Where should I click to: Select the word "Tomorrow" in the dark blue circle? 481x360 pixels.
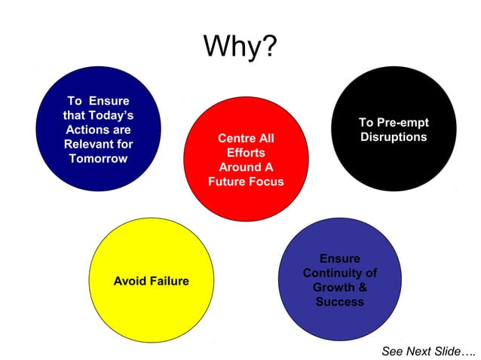tap(98, 158)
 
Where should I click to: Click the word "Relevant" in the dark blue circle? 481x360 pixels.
tap(87, 144)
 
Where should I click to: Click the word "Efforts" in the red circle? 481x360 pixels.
tap(247, 153)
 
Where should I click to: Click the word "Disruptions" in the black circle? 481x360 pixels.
tap(394, 137)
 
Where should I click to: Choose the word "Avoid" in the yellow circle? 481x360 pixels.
tap(130, 281)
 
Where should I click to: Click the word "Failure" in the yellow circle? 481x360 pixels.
tap(170, 281)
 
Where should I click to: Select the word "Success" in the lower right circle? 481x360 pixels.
tap(339, 301)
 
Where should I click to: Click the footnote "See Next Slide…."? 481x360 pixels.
tap(428, 351)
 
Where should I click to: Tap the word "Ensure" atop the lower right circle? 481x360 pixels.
tap(339, 258)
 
